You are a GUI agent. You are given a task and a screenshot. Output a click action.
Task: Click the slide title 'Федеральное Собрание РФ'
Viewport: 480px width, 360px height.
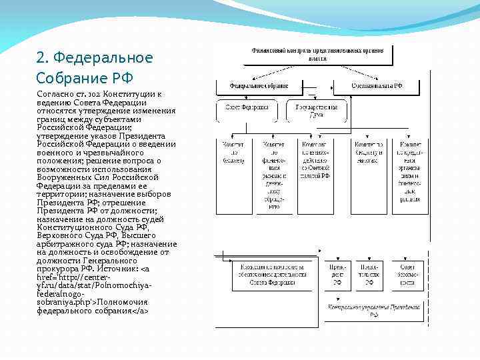tap(95, 67)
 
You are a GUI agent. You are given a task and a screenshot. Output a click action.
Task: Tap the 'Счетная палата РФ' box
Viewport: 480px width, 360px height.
tap(377, 86)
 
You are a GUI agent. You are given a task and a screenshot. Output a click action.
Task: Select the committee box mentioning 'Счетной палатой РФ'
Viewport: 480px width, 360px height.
tap(315, 161)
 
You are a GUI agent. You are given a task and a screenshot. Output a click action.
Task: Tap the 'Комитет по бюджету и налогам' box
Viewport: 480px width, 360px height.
tap(369, 153)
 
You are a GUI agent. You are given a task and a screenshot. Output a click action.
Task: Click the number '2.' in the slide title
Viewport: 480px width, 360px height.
tap(42, 58)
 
